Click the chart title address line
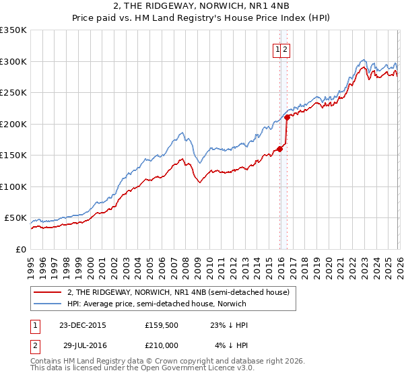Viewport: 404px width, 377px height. [201, 6]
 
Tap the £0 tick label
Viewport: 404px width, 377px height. [21, 249]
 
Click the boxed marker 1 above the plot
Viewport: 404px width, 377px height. [277, 49]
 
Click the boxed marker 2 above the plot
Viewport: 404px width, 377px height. [285, 49]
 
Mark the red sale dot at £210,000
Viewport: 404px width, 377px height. [287, 117]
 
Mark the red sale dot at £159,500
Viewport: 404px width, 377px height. [279, 149]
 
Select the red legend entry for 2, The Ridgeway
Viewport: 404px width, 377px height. [178, 292]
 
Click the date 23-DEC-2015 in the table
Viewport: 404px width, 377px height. [82, 325]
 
